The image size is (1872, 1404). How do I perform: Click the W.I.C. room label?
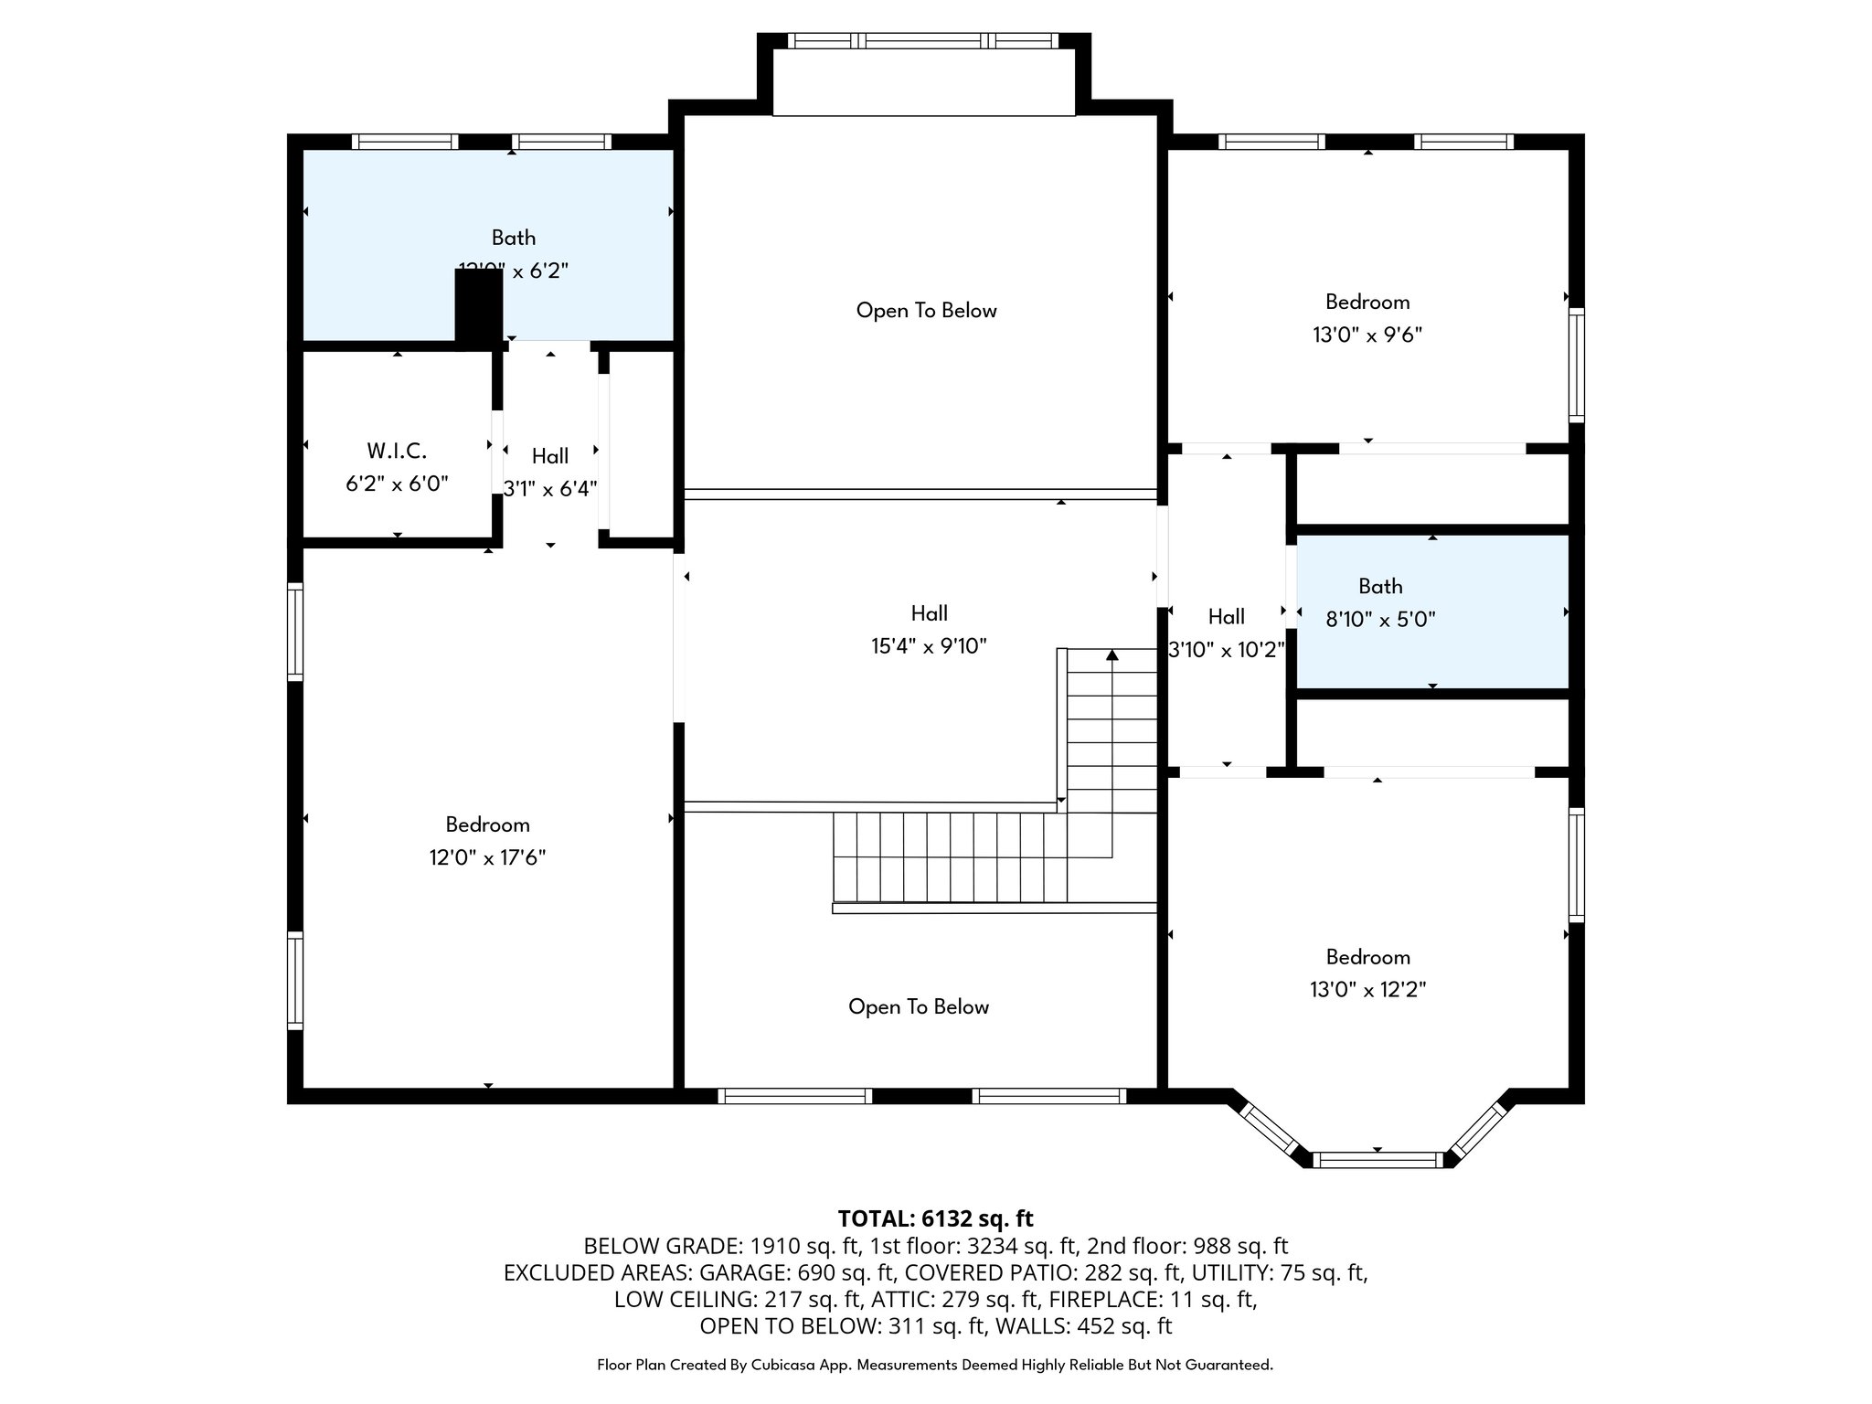[x=397, y=451]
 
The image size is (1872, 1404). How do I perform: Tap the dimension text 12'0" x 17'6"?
[x=487, y=857]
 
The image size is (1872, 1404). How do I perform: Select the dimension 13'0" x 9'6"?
[x=1367, y=335]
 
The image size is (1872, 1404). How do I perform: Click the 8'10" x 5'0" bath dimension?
[x=1380, y=620]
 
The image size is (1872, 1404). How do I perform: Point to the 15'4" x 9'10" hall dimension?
[x=929, y=646]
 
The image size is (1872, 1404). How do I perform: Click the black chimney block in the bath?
[x=479, y=308]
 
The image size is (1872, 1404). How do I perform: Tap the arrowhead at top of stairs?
[x=1111, y=655]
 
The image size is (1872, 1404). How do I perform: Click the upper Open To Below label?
[x=926, y=311]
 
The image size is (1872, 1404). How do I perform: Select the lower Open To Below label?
[x=919, y=1007]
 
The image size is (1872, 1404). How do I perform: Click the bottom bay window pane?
[x=1377, y=1160]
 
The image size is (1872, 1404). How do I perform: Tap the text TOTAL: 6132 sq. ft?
[x=935, y=1218]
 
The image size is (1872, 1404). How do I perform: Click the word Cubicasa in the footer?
[x=785, y=1365]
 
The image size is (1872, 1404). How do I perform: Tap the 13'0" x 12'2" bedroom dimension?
[x=1367, y=990]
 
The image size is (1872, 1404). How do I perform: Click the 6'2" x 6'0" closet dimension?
[x=397, y=484]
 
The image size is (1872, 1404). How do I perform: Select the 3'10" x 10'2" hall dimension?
[x=1227, y=650]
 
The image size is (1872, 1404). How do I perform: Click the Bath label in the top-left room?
[x=514, y=238]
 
